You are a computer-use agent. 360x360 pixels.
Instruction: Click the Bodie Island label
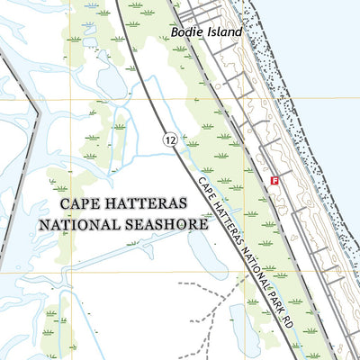point(206,32)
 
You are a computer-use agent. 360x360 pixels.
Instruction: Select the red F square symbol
point(274,181)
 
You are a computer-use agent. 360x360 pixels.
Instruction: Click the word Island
point(223,32)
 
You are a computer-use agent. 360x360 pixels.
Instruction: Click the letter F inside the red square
point(274,181)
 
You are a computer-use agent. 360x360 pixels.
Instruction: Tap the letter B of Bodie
point(174,32)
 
